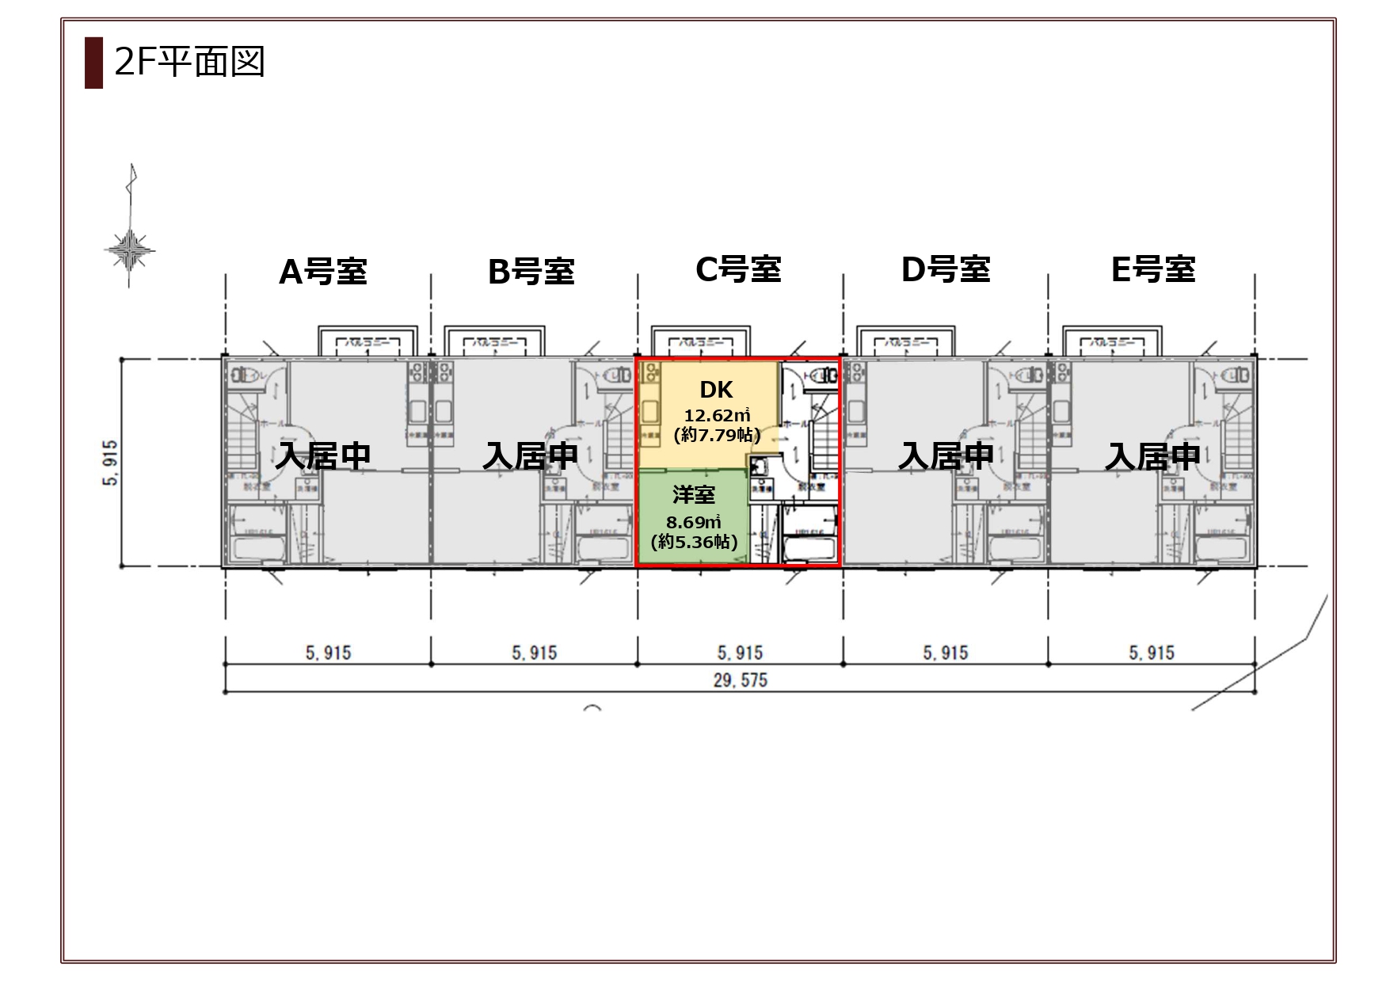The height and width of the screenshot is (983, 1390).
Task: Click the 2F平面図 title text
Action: point(189,62)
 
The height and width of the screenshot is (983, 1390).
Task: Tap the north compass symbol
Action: point(130,250)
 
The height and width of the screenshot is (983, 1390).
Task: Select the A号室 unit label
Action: point(323,272)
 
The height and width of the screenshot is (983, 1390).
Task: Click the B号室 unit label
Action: point(531,272)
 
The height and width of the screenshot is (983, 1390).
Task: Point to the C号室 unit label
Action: point(738,269)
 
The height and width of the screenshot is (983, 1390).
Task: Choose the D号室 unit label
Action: point(946,269)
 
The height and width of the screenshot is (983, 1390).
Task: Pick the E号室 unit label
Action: point(1153,269)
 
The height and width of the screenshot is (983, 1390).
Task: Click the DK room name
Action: point(716,390)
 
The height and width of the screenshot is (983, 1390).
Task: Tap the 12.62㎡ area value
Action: point(717,415)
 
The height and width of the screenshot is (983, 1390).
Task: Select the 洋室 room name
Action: point(694,495)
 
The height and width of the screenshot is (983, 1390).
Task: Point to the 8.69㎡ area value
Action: point(694,522)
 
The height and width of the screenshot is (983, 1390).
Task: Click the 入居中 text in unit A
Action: point(323,456)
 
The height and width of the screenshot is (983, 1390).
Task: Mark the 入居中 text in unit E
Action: point(1153,456)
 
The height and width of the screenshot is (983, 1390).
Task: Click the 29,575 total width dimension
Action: point(740,680)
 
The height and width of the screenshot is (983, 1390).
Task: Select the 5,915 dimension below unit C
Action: point(740,653)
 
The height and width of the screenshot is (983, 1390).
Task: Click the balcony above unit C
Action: point(699,341)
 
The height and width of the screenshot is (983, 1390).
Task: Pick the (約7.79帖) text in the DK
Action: point(717,435)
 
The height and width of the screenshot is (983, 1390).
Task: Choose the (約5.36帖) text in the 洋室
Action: point(694,542)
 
